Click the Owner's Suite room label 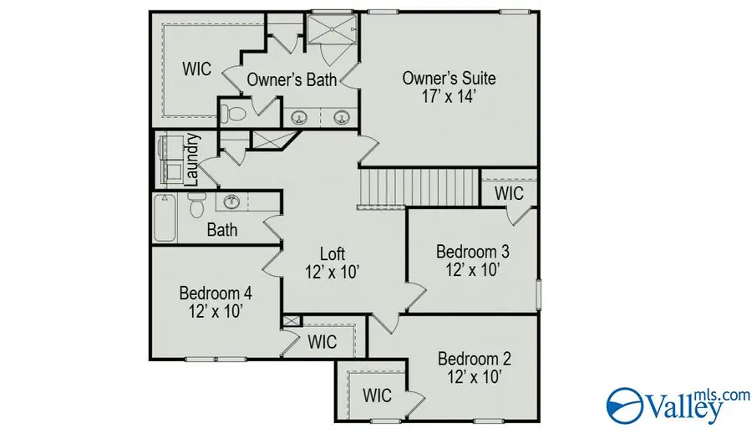point(449,79)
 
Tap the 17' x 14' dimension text point(449,96)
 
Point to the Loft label point(333,253)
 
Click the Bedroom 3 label point(473,251)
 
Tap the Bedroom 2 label point(475,359)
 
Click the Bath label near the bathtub point(222,229)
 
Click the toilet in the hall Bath point(197,204)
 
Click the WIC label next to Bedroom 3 point(509,193)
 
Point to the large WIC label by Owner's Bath point(197,69)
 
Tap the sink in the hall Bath point(232,202)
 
